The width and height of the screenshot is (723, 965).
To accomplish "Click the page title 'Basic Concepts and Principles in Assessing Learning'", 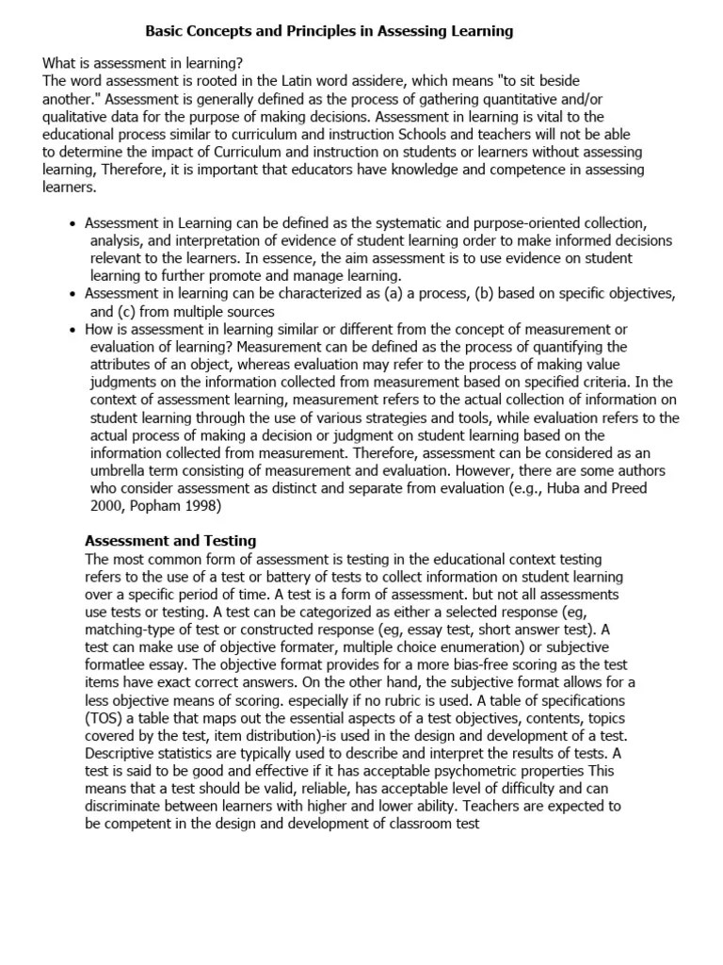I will (329, 31).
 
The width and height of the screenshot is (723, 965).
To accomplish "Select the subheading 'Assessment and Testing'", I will (170, 541).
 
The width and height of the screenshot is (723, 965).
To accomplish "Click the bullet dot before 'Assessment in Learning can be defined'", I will (73, 224).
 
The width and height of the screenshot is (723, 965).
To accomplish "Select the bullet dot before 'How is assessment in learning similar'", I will (73, 330).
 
